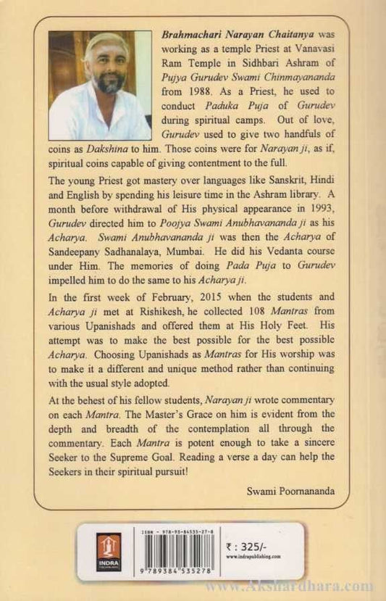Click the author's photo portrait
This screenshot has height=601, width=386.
point(101,85)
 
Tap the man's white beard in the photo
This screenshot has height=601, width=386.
point(109,80)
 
